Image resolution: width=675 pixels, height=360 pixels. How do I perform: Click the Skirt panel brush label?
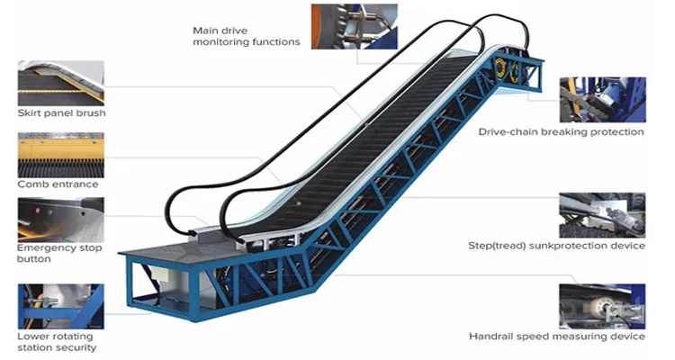pos(61,113)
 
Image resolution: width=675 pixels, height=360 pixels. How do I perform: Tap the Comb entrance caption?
pos(58,184)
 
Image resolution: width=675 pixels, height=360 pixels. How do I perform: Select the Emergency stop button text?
pos(59,253)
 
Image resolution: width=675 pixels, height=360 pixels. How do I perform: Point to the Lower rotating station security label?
pos(57,341)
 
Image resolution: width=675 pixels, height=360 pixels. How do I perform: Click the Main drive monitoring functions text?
pos(246,36)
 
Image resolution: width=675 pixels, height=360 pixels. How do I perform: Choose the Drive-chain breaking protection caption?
pos(562,131)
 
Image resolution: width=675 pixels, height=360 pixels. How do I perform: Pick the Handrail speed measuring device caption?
pos(557,337)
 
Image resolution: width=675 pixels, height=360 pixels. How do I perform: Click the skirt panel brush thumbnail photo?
pos(60,83)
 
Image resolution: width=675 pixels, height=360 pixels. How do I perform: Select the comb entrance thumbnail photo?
pos(60,155)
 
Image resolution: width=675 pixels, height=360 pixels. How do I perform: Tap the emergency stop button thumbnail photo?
pos(60,220)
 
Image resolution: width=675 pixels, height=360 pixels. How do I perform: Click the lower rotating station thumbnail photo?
pos(60,306)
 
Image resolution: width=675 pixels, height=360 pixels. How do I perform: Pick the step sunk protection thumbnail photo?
pos(602,214)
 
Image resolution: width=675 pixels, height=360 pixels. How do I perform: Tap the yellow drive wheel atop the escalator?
pos(504,71)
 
